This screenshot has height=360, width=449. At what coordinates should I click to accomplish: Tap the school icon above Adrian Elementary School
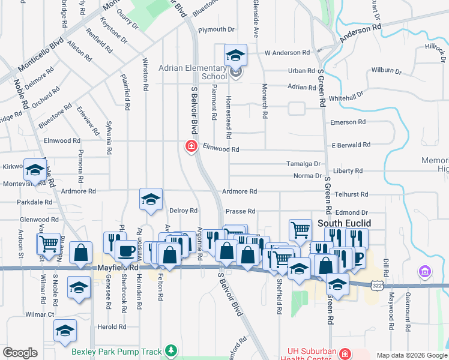tap(235, 56)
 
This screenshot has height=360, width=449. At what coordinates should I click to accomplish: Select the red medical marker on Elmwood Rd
tap(191, 146)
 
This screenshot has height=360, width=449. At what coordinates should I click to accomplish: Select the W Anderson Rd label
tap(286, 53)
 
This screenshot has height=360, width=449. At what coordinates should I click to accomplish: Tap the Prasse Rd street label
tap(240, 211)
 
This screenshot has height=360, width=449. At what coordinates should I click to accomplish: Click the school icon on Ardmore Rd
tap(151, 200)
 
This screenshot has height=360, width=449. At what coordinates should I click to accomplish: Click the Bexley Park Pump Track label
tap(118, 350)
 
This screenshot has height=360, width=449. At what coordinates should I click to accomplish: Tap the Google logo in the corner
tap(20, 353)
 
